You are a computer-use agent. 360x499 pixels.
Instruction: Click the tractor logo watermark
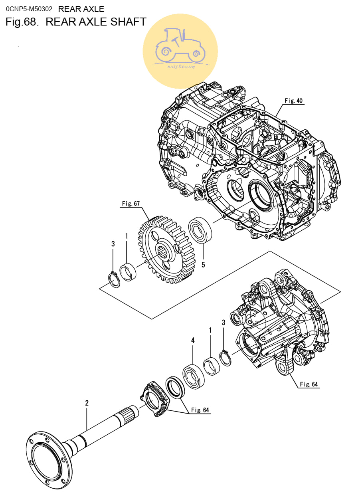click(x=180, y=51)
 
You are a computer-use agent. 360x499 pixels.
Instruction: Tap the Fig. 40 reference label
click(x=294, y=101)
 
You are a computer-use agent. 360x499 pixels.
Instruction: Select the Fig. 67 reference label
click(x=131, y=204)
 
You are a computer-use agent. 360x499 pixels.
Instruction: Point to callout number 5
click(x=203, y=265)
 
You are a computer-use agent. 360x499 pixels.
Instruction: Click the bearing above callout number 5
click(x=200, y=230)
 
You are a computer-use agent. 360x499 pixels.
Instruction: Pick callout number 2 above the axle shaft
click(x=87, y=403)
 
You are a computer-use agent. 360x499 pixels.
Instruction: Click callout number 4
click(x=193, y=340)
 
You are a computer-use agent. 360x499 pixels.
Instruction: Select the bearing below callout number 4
click(x=193, y=377)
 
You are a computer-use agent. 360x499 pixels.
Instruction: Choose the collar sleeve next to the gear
click(x=128, y=272)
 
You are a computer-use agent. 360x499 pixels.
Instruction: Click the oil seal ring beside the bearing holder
click(x=175, y=387)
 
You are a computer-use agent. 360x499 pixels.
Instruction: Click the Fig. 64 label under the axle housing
click(x=309, y=384)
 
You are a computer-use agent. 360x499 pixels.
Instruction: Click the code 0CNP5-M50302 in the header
click(x=29, y=9)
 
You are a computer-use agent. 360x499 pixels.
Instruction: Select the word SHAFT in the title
click(x=128, y=22)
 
